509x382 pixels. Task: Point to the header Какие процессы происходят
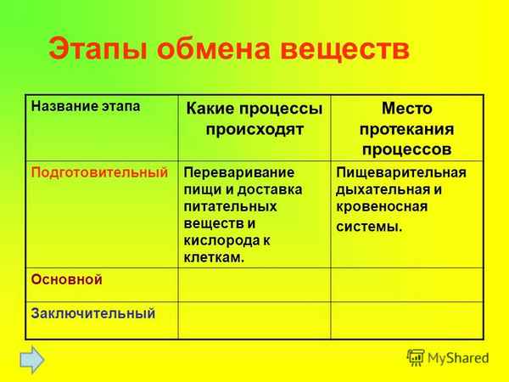254,121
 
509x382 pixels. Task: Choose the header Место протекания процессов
406,129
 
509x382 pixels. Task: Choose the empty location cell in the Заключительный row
406,320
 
